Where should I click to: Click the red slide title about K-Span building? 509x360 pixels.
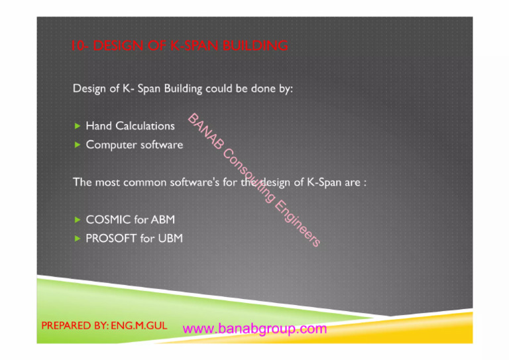click(x=180, y=46)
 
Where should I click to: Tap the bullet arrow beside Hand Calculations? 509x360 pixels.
click(x=78, y=125)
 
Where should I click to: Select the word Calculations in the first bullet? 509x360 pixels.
click(x=145, y=125)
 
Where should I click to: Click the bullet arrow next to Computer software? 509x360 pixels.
click(x=78, y=145)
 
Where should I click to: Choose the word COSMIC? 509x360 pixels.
click(x=109, y=219)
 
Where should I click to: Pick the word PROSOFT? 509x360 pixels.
click(x=111, y=238)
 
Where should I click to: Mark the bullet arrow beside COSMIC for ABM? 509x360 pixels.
click(x=78, y=219)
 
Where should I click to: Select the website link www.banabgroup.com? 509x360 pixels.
click(x=254, y=329)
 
